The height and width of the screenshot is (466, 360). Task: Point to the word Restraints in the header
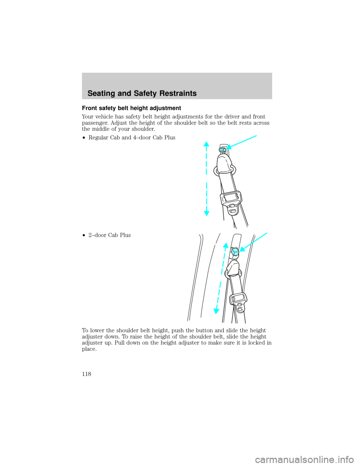click(177, 94)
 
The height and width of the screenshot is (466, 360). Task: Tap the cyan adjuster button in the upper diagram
click(221, 149)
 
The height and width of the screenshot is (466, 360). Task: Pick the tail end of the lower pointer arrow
click(268, 233)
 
